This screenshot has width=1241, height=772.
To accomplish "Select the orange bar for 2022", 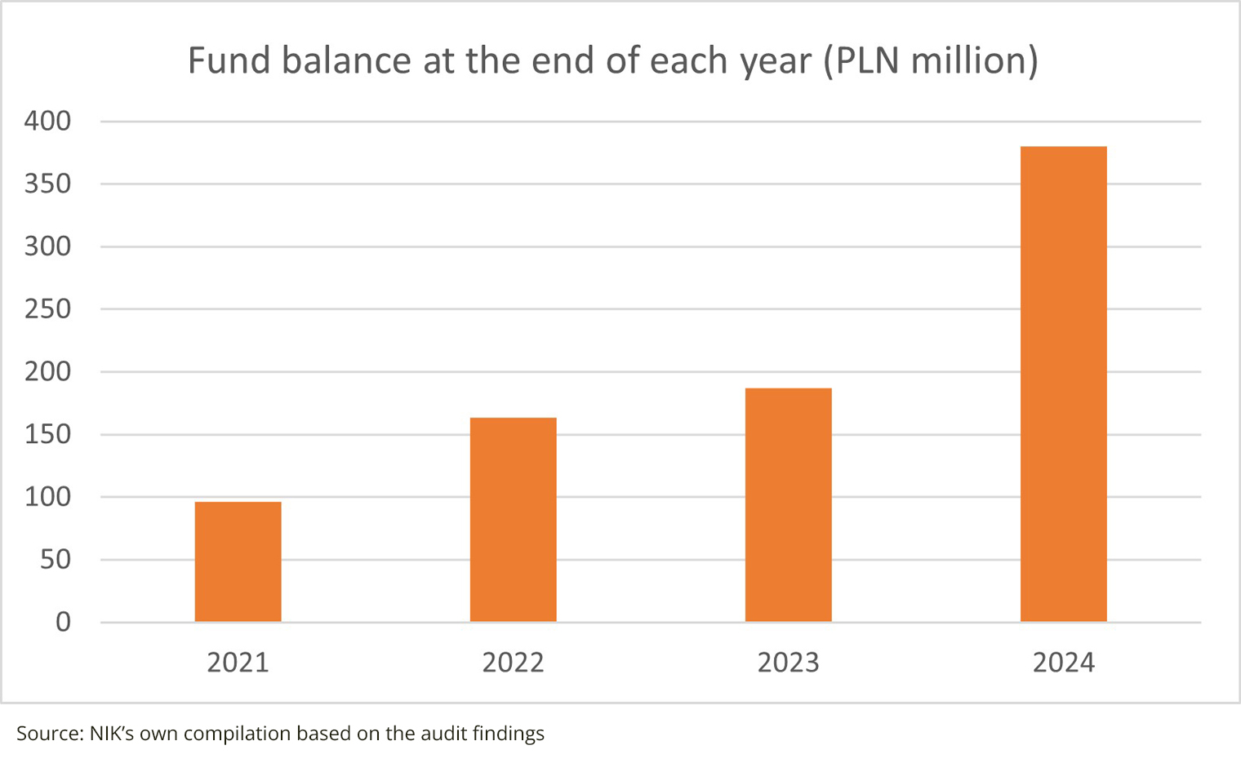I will tap(513, 520).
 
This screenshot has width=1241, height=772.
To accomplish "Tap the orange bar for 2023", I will tap(788, 505).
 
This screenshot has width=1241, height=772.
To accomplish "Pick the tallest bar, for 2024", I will tap(1063, 384).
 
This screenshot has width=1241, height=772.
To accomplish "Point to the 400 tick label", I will tap(48, 121).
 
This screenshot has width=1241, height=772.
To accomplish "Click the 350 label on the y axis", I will tap(48, 184).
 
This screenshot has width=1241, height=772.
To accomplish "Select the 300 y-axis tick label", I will tap(48, 246).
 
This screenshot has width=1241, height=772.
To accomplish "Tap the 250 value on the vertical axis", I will tap(48, 309).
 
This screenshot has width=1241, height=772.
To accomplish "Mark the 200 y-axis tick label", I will tap(48, 371).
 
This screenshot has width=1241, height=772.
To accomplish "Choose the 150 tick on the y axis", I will tap(48, 434).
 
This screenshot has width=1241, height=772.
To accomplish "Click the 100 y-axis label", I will tap(48, 497).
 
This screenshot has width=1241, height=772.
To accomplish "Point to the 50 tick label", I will tap(56, 560).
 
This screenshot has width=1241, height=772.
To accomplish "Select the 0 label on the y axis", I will tap(63, 623).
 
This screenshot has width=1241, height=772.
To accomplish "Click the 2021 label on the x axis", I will tap(238, 663).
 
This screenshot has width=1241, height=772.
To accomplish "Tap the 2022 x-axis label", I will tap(513, 663).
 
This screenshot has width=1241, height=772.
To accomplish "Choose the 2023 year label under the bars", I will tap(788, 663).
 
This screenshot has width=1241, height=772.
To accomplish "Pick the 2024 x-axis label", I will tap(1063, 663).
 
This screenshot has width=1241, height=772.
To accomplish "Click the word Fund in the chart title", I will tap(229, 60).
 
